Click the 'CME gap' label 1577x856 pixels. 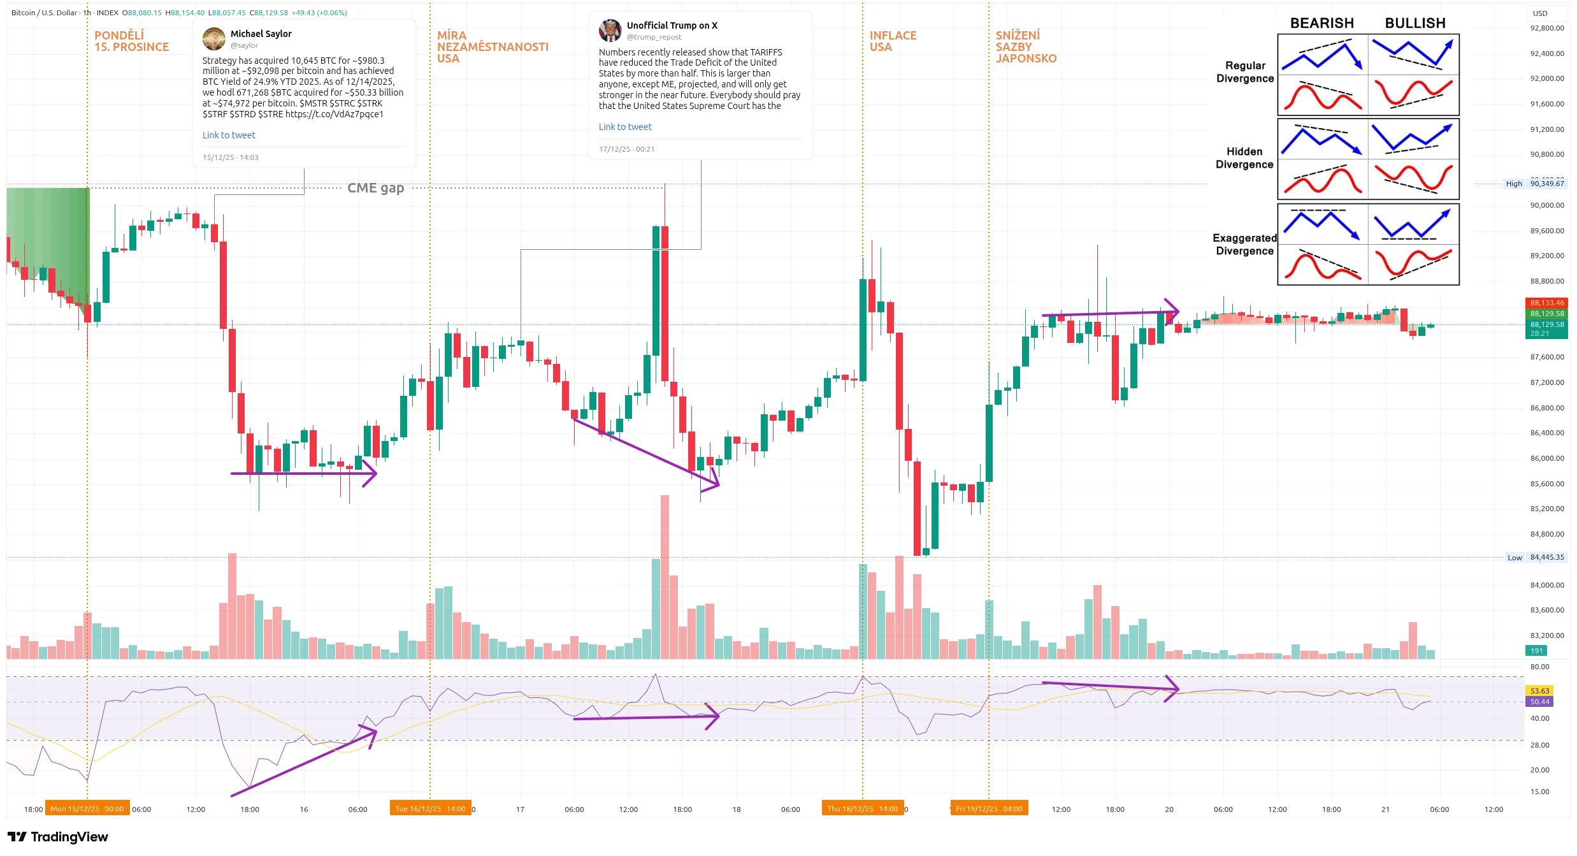coord(375,188)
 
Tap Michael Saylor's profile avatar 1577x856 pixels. coord(214,38)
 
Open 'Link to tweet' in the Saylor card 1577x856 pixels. coord(229,135)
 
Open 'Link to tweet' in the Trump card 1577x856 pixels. coord(625,127)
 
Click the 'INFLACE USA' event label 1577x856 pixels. coord(893,41)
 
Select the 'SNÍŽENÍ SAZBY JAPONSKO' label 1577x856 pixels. coord(1025,47)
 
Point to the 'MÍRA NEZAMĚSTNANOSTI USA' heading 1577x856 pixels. coord(492,47)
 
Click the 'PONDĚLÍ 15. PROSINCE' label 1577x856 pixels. coord(131,41)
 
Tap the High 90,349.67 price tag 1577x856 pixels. coord(1534,184)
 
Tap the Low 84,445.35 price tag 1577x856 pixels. coord(1535,557)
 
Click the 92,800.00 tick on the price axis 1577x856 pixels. coord(1546,28)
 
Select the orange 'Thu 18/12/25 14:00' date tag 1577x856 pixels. coord(862,809)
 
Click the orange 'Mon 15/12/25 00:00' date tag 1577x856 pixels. coord(87,809)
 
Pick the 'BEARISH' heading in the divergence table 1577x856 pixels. coord(1321,23)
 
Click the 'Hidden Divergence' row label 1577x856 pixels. coord(1244,157)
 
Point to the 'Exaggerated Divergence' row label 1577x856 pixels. coord(1244,244)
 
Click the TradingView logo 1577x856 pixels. coord(58,837)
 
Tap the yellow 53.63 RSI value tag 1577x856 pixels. coord(1539,691)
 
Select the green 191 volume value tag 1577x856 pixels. coord(1536,651)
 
